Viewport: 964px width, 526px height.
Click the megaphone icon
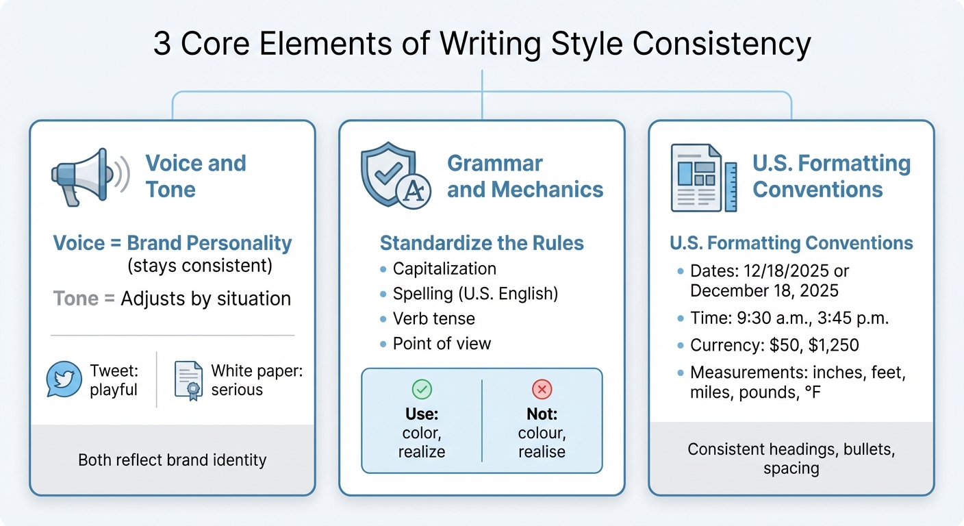pos(90,176)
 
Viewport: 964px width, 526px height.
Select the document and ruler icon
pos(703,177)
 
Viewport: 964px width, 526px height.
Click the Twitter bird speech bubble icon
pos(64,379)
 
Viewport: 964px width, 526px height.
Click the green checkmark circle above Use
pos(422,390)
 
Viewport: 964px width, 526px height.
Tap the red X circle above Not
pos(542,390)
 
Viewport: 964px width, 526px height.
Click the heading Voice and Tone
pos(195,176)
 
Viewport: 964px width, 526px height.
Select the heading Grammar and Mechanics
pos(525,176)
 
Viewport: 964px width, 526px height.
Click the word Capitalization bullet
pos(444,268)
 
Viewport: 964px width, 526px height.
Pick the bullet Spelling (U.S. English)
pos(475,294)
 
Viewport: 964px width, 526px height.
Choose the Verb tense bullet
pos(433,318)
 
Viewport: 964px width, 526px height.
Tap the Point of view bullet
pos(442,343)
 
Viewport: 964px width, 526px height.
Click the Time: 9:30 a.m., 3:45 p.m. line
pos(775,318)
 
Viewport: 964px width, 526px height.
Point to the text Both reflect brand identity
pos(172,460)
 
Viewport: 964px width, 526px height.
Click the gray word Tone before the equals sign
pos(76,299)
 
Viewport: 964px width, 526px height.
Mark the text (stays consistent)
pos(199,265)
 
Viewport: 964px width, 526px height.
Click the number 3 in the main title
pos(162,44)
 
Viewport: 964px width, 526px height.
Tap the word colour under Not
pos(542,433)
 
